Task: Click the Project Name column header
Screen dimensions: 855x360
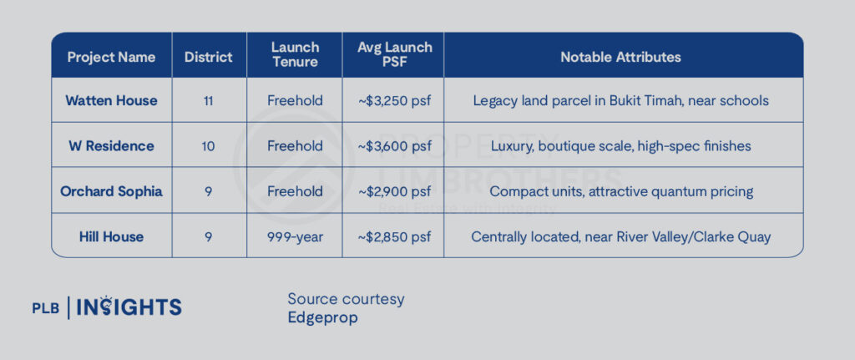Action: (x=111, y=58)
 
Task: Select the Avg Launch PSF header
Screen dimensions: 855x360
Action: (x=394, y=54)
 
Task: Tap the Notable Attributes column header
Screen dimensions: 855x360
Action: (x=620, y=58)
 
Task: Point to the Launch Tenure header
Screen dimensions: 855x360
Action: (x=295, y=54)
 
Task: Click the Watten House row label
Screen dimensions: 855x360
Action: (x=111, y=101)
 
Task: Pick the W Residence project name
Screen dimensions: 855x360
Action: (x=111, y=146)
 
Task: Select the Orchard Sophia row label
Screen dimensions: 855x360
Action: (x=111, y=191)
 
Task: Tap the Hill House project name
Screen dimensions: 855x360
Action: (x=111, y=236)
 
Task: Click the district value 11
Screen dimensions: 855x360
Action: (x=208, y=101)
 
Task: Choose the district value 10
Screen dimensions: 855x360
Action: (x=208, y=146)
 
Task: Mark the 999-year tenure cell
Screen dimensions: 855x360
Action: (x=295, y=237)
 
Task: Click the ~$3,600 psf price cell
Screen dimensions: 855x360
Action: (x=395, y=146)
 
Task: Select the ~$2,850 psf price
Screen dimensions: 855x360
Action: (x=395, y=237)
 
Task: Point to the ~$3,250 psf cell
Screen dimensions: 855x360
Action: (x=395, y=101)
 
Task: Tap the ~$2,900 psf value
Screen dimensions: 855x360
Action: (x=395, y=192)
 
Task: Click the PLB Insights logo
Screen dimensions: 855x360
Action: (x=107, y=307)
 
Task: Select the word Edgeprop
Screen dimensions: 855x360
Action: (x=323, y=318)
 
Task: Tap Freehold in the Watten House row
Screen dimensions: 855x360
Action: (x=295, y=101)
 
